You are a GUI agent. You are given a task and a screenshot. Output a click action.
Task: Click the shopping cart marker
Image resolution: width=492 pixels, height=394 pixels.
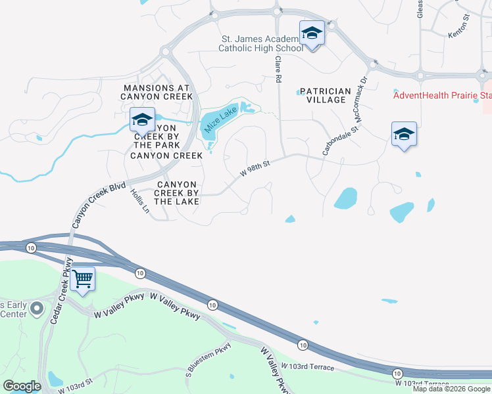(82, 279)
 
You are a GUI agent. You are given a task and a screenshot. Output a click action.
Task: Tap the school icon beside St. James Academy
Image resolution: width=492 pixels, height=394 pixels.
(312, 33)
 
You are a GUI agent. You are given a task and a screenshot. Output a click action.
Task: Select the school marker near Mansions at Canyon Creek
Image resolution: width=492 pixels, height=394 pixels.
(141, 120)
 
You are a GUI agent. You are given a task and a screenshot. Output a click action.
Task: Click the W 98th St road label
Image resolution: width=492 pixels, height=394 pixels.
(255, 169)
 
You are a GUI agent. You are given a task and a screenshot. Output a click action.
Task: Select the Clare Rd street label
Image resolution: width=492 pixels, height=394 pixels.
(279, 68)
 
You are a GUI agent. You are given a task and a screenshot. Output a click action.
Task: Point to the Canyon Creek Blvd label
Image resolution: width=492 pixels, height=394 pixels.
(99, 206)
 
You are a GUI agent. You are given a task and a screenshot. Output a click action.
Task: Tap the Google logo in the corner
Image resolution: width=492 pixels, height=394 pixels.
(22, 386)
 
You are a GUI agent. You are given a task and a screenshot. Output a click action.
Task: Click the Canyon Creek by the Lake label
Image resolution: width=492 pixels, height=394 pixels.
(176, 193)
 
